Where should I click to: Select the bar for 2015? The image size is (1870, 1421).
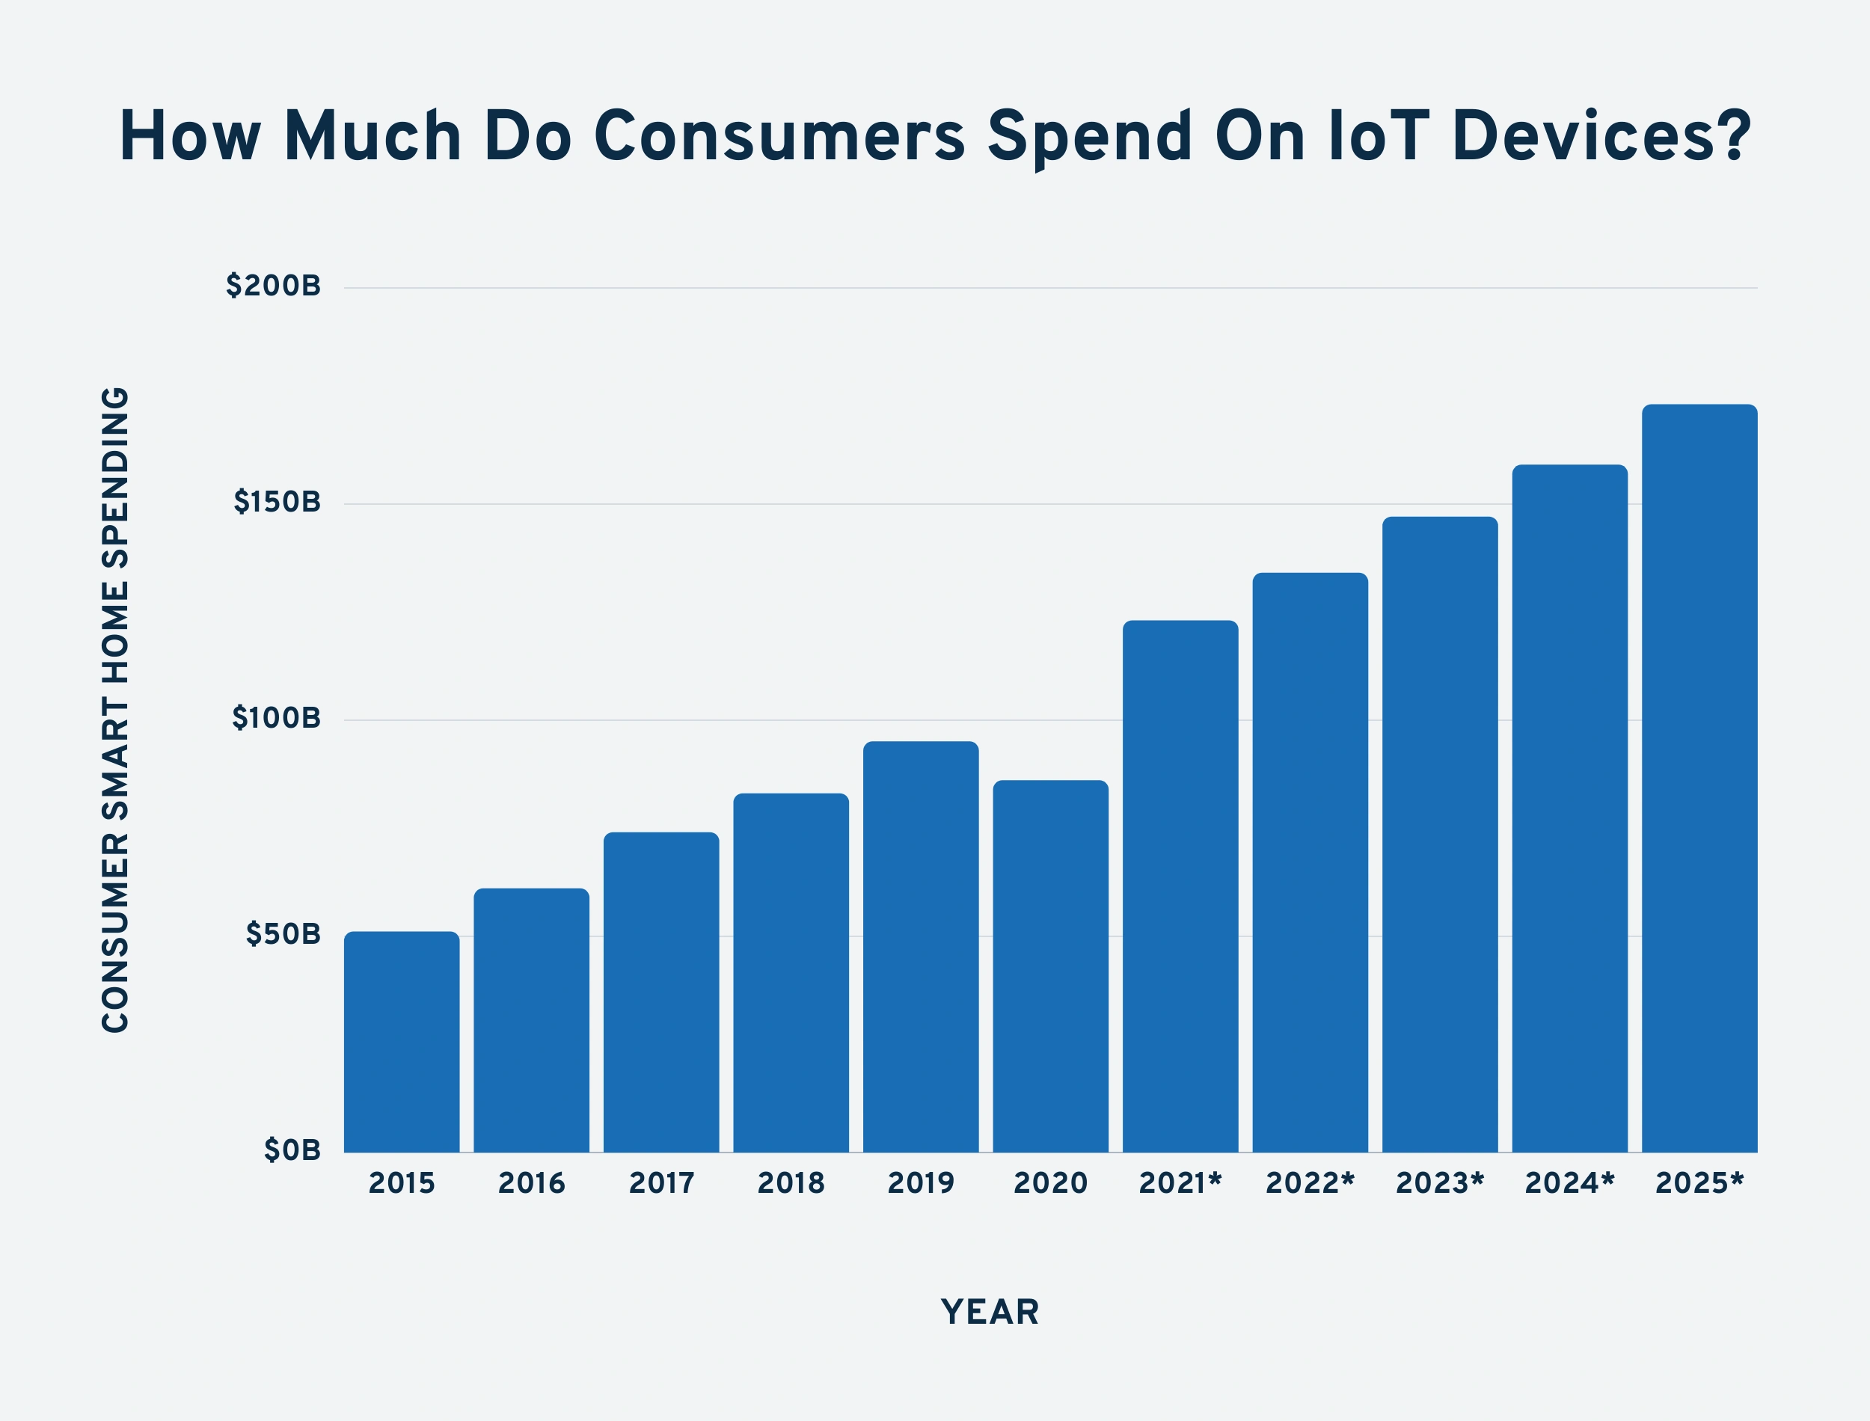[402, 1042]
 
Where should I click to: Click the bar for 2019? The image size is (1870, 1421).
[921, 947]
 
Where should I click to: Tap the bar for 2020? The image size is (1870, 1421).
[1050, 966]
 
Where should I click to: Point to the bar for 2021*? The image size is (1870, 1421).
[1180, 886]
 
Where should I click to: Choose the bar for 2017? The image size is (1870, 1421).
[661, 992]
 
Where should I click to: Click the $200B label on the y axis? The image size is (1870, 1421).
[273, 286]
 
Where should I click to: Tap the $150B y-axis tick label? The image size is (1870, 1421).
[278, 503]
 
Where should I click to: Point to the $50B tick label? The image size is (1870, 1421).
[283, 934]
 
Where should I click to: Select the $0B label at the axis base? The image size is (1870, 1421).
[292, 1150]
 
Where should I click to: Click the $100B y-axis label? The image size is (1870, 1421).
[277, 718]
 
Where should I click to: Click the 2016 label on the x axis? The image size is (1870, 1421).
[531, 1182]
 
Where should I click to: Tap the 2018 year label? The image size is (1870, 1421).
[791, 1182]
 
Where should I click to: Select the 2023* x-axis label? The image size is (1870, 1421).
[1439, 1182]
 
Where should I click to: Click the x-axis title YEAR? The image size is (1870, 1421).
[990, 1312]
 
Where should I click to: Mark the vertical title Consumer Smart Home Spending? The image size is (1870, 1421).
[116, 710]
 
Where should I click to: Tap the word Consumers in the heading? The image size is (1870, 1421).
[779, 136]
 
